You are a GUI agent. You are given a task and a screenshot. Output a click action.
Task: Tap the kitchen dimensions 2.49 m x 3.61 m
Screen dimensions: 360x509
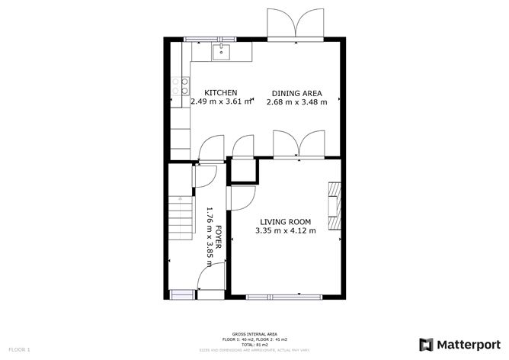pos(220,101)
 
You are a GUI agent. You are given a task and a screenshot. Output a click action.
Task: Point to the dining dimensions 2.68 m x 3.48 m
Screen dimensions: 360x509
pos(296,101)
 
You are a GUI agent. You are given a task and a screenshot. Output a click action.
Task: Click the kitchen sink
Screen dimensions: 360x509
pos(221,52)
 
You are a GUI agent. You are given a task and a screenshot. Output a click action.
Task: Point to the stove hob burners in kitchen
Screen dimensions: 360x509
pos(180,86)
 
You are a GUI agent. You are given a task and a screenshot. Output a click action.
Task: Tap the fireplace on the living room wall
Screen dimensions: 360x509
pos(334,205)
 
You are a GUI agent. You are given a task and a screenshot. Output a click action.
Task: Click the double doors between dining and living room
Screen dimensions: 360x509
pos(299,145)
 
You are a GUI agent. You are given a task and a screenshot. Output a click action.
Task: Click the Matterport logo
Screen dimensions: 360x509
pos(458,343)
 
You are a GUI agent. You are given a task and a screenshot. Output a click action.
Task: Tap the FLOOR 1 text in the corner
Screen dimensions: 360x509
pos(18,349)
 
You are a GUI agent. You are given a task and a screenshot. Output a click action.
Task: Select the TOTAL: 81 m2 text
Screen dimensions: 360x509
pos(254,344)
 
